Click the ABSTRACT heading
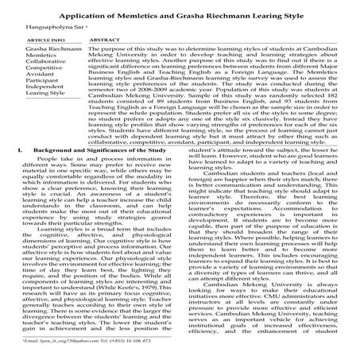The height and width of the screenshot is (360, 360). pyautogui.click(x=106, y=38)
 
